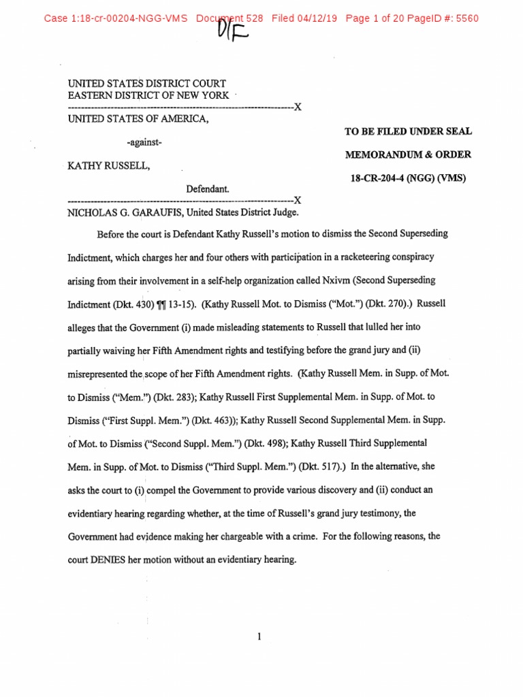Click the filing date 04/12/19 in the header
[317, 18]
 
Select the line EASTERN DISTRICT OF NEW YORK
[148, 95]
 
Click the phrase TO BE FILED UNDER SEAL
[408, 131]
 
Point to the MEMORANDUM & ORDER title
[408, 155]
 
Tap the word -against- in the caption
[144, 142]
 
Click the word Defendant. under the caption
[208, 189]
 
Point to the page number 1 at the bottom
[260, 636]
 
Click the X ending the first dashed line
[297, 107]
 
